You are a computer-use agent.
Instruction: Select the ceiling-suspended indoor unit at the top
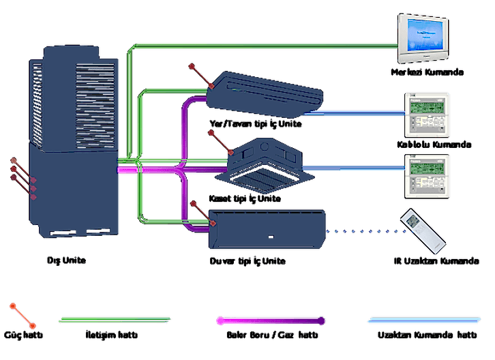click(267, 89)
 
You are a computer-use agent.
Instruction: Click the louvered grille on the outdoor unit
click(95, 95)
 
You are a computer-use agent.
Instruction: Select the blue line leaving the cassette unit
click(355, 166)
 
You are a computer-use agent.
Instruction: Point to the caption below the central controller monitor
click(427, 72)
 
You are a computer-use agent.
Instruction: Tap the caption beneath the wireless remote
click(427, 260)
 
